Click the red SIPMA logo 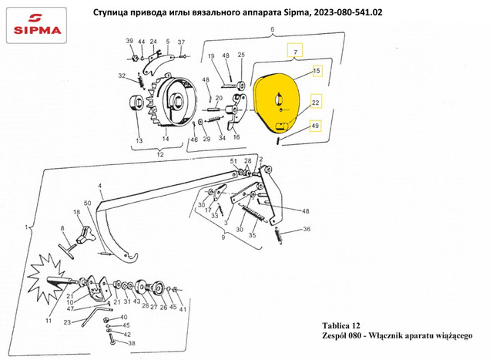37,25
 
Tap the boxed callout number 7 295,50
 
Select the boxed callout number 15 317,71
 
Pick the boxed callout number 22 316,103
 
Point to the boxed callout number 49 315,126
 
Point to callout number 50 87,204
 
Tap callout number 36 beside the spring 307,229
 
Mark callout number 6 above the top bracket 272,29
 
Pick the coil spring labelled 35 254,213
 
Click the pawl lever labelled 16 237,112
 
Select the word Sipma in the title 296,12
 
